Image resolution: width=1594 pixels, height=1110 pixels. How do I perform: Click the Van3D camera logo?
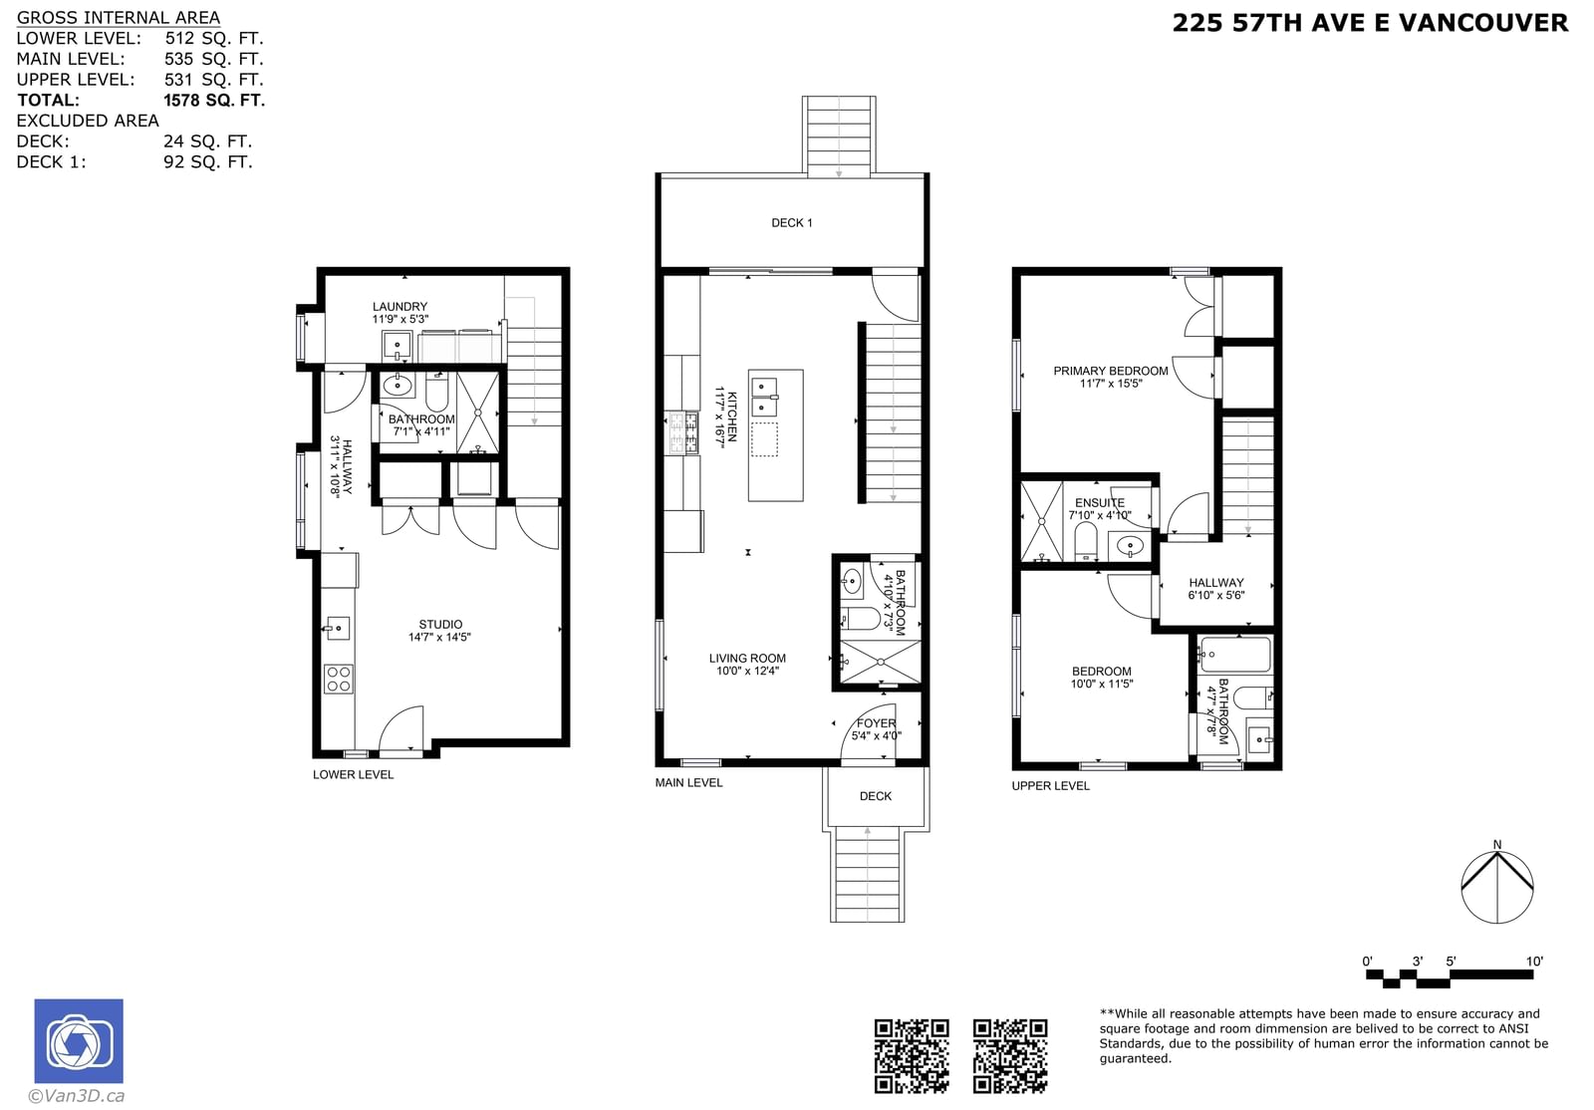click(79, 1040)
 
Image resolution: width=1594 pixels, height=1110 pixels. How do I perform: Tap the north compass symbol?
click(1496, 885)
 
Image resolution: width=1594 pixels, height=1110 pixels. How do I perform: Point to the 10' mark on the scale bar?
click(1533, 962)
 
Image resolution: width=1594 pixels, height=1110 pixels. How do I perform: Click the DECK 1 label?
click(791, 223)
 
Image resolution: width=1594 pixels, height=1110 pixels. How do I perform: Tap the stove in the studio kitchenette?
click(338, 679)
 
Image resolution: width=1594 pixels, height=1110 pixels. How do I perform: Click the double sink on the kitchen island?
click(765, 398)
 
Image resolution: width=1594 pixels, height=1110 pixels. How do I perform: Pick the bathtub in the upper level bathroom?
click(1235, 655)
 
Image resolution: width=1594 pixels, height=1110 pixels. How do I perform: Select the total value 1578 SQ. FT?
click(214, 101)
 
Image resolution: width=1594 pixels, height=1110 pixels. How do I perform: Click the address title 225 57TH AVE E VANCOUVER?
click(1370, 23)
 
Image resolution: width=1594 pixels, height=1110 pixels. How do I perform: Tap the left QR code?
click(912, 1055)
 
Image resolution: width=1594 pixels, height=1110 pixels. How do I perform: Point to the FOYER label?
click(876, 723)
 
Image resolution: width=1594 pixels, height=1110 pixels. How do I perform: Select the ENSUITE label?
click(1100, 503)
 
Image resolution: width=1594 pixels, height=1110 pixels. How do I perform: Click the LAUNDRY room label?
click(399, 307)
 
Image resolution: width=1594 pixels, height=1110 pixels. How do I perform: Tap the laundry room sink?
click(398, 346)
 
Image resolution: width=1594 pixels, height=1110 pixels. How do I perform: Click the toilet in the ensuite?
click(1085, 541)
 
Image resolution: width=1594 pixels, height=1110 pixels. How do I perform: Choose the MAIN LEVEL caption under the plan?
click(688, 783)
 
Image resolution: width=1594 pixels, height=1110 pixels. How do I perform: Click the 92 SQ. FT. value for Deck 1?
click(208, 162)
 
